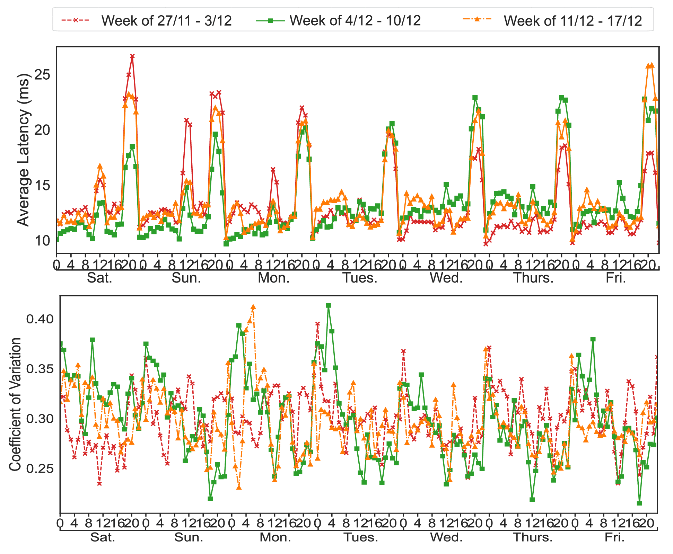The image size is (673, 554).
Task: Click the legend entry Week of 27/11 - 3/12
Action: (166, 21)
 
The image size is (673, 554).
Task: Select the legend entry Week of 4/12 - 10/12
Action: (355, 21)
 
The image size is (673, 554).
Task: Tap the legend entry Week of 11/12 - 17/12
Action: (573, 21)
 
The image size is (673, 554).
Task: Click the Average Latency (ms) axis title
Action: (24, 150)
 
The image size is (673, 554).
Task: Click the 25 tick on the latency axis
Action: (43, 74)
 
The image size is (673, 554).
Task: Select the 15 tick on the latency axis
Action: (43, 185)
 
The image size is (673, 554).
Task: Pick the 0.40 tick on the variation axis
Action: (40, 319)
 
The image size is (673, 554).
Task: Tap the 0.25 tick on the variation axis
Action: (40, 468)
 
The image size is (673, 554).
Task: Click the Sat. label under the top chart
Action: (99, 278)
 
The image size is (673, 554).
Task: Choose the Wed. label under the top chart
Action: (446, 278)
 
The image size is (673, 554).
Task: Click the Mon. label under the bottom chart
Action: (275, 537)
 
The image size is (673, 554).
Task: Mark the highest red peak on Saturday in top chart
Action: (132, 56)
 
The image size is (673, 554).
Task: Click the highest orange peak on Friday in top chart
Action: (652, 65)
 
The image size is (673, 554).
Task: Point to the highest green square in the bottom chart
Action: (328, 306)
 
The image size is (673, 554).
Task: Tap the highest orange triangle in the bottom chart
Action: (253, 307)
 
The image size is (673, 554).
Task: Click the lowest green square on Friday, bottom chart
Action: (639, 503)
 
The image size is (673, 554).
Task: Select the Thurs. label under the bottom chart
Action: (533, 537)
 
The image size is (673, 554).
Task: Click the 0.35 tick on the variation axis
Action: (40, 369)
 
